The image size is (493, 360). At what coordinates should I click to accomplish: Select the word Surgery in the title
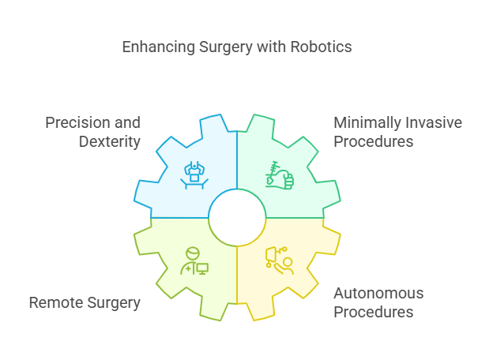[x=221, y=47]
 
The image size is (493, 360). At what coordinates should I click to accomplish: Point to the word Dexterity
[x=109, y=142]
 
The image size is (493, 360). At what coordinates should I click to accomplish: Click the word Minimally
[x=366, y=122]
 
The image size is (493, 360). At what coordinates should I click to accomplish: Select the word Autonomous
[x=378, y=294]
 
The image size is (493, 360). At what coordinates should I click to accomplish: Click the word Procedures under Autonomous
[x=374, y=312]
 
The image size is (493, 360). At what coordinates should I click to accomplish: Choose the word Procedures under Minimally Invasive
[x=374, y=142]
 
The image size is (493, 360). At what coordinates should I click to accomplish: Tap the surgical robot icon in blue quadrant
[x=194, y=175]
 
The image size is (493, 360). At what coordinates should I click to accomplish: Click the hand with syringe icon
[x=280, y=175]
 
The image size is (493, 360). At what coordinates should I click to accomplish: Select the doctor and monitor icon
[x=194, y=261]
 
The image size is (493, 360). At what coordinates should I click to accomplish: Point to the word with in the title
[x=268, y=47]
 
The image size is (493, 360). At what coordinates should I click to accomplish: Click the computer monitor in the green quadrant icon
[x=201, y=268]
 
